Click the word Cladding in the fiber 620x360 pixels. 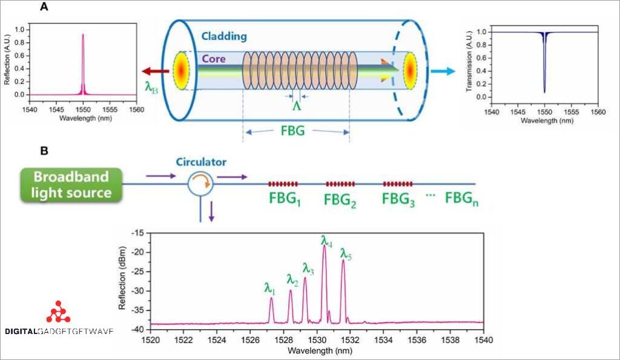pos(224,36)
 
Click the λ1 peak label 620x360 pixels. pos(270,289)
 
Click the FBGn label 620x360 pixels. pos(463,199)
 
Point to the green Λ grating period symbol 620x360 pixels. pos(297,106)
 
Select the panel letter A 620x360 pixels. pos(44,7)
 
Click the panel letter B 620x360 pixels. pos(44,150)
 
